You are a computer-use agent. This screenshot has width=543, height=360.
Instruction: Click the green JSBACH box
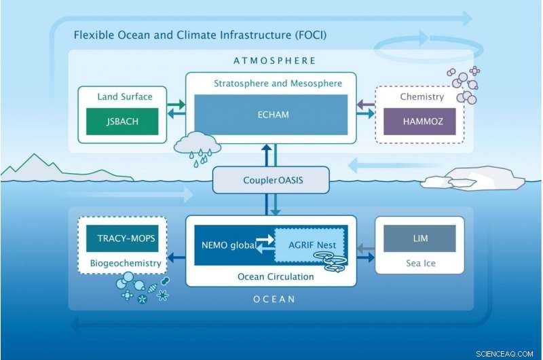(122, 122)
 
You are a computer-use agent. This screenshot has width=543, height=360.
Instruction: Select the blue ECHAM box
(274, 115)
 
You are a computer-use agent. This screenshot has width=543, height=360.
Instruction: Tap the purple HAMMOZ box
(414, 122)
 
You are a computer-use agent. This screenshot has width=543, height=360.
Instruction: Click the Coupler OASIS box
(271, 181)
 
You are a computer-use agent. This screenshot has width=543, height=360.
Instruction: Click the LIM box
(419, 238)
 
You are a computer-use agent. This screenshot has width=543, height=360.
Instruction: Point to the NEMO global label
(228, 245)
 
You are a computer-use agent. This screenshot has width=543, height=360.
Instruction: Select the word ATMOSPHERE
(274, 60)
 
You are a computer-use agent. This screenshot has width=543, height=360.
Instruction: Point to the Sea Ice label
(419, 262)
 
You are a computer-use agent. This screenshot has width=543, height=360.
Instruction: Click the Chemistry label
(422, 96)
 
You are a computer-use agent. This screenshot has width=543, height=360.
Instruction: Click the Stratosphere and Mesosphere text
(278, 84)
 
